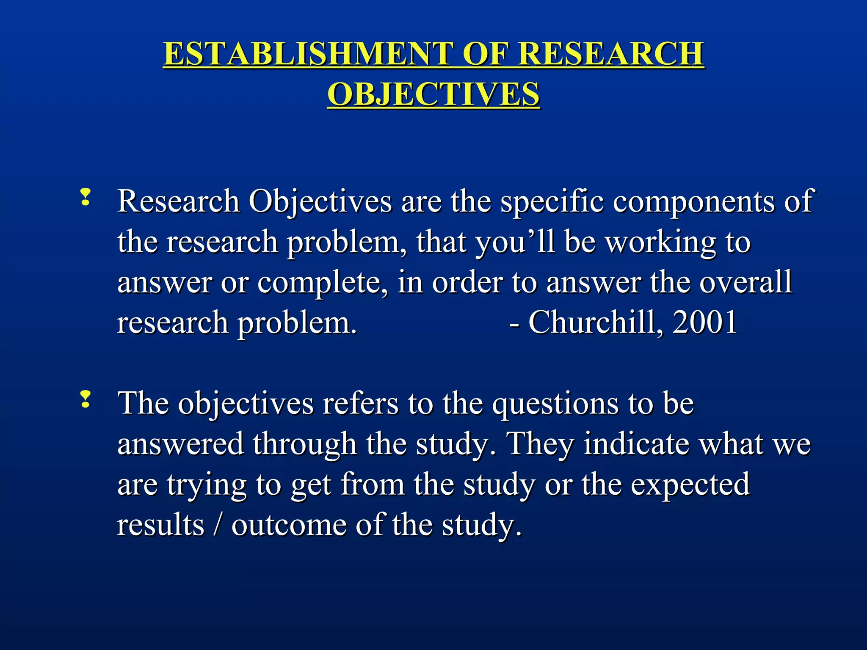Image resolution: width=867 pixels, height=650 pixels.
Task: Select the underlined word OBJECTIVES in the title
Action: tap(433, 94)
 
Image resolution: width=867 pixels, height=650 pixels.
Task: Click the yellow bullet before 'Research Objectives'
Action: tap(85, 198)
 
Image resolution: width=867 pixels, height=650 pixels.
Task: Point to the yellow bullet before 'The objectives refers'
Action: tap(85, 400)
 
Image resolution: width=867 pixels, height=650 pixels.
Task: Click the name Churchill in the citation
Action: tap(592, 322)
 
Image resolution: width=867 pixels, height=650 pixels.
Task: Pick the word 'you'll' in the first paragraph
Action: tap(514, 243)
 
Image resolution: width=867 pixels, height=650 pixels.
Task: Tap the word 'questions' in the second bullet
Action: tap(555, 405)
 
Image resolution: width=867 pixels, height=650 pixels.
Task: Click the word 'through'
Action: tap(305, 445)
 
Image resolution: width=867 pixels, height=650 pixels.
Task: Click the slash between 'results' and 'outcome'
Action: tap(218, 525)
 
